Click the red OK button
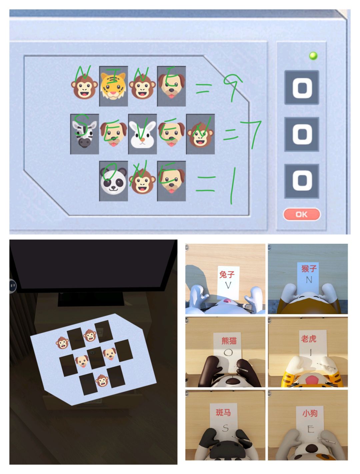click(x=302, y=214)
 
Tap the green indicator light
click(x=313, y=56)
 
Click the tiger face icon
click(x=113, y=86)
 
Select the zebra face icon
click(x=84, y=134)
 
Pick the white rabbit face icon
click(x=142, y=134)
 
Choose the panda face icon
click(x=113, y=181)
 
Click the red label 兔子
click(x=227, y=274)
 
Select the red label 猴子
click(x=309, y=268)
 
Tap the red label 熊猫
click(x=229, y=340)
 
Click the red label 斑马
click(x=223, y=412)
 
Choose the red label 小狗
click(x=310, y=413)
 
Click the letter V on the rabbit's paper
click(x=228, y=285)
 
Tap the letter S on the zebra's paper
click(x=225, y=428)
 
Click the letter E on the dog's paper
click(x=310, y=429)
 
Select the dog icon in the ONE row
click(x=171, y=181)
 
